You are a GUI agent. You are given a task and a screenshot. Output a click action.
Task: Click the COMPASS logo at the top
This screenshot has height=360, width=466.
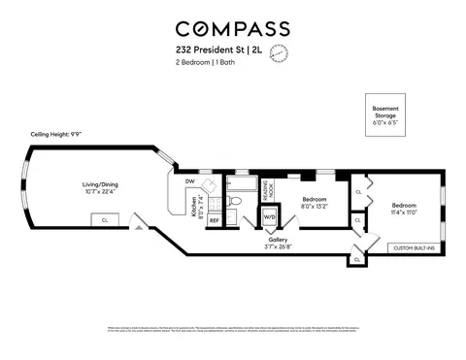tap(233, 29)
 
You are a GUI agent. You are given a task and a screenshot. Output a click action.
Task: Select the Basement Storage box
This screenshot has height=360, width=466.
tap(385, 115)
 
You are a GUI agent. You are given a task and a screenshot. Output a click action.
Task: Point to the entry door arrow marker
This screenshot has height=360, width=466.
tap(142, 229)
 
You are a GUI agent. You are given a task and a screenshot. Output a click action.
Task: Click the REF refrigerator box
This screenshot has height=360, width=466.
tap(214, 220)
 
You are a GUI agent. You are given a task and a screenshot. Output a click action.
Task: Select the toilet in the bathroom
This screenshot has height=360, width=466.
tap(236, 203)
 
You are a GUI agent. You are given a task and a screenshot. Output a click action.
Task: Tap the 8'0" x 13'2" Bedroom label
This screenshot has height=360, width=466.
tap(314, 201)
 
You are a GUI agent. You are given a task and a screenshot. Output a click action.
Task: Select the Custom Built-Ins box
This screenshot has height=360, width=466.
tap(414, 249)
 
